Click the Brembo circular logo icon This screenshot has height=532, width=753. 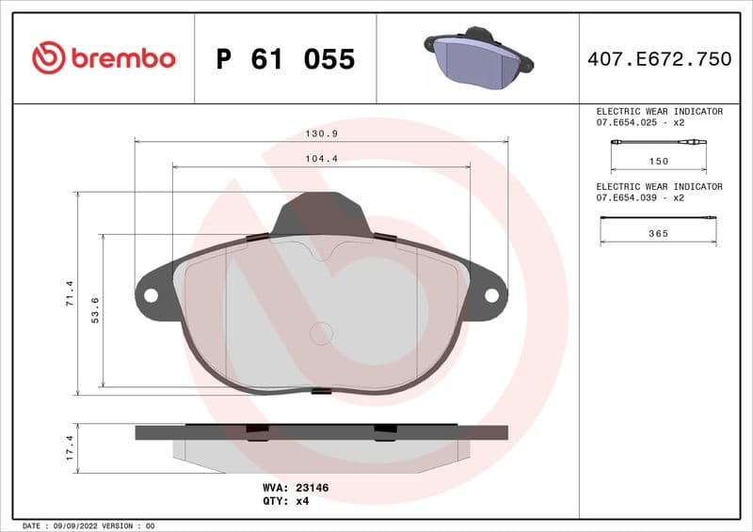click(x=48, y=58)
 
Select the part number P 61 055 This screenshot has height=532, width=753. click(x=285, y=59)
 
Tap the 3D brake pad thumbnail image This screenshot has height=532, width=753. click(x=478, y=57)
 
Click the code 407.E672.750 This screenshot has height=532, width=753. click(x=659, y=59)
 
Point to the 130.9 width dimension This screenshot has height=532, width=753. click(x=321, y=133)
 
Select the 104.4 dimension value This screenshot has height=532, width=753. click(x=321, y=159)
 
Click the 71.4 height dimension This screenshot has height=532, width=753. click(x=69, y=293)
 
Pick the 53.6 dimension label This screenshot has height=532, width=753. click(x=95, y=309)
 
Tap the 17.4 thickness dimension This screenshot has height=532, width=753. click(x=69, y=446)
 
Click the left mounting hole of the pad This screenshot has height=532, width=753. click(x=151, y=295)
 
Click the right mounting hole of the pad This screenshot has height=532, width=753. click(x=491, y=295)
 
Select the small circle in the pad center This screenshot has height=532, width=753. click(x=321, y=333)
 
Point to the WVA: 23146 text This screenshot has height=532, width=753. click(x=295, y=488)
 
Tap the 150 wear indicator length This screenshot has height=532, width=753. click(x=659, y=161)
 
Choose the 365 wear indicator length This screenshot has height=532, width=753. click(x=659, y=233)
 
